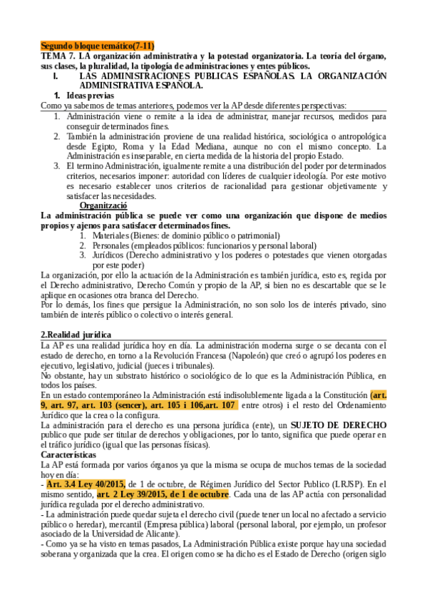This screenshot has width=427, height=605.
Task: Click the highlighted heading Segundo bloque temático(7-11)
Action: tap(97, 45)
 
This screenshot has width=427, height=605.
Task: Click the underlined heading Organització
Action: tap(104, 205)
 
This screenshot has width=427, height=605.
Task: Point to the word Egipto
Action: tap(103, 147)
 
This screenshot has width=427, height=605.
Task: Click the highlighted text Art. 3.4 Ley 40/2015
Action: tap(81, 484)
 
